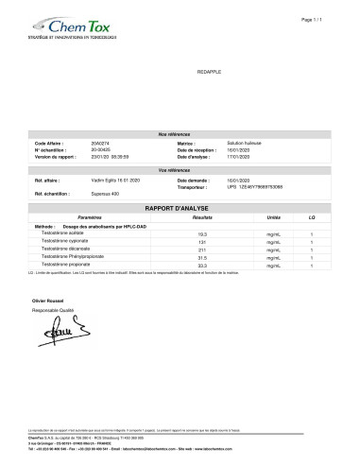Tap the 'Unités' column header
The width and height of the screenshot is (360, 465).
(273, 216)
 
